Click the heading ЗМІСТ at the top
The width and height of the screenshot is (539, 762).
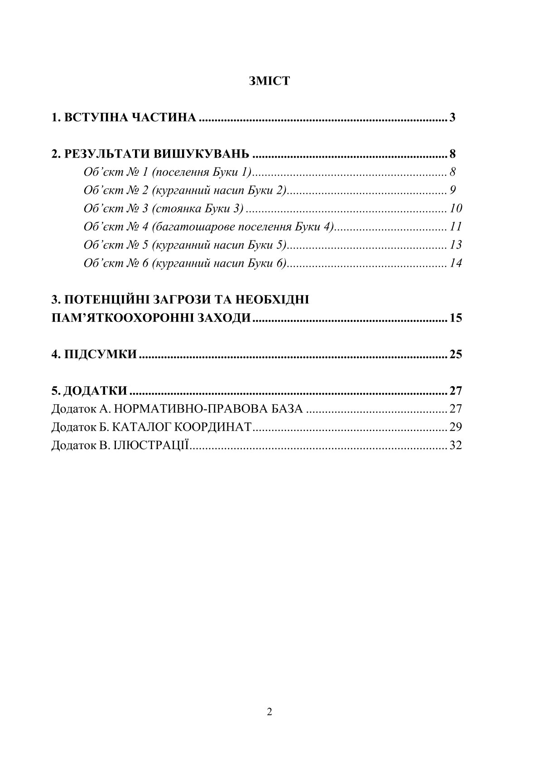click(269, 81)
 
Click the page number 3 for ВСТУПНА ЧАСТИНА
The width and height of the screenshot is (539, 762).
click(452, 118)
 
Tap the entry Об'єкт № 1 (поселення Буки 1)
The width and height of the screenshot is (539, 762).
click(167, 172)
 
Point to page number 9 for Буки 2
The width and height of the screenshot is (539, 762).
click(452, 190)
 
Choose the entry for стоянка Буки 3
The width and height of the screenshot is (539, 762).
click(164, 208)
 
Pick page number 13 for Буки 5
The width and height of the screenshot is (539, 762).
click(456, 245)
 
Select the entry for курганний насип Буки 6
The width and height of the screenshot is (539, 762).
click(185, 263)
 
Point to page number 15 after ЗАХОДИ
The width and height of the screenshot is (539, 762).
click(456, 318)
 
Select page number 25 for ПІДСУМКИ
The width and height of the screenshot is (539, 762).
click(456, 354)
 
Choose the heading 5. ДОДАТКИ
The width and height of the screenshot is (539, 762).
click(89, 390)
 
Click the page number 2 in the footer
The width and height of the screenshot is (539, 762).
click(269, 712)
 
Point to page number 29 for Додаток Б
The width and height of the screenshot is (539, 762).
click(456, 427)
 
